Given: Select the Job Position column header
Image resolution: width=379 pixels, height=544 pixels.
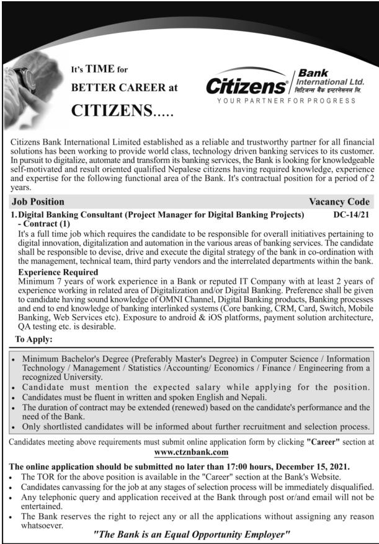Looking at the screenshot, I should [x=38, y=201].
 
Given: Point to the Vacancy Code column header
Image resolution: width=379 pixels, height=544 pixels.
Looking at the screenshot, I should [x=339, y=201].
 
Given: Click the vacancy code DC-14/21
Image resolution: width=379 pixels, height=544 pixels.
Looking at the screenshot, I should [x=352, y=215].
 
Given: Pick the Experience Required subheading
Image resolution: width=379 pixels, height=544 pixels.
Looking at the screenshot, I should [x=58, y=272].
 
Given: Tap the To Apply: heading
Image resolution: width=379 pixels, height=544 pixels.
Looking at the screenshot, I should [x=34, y=339].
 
